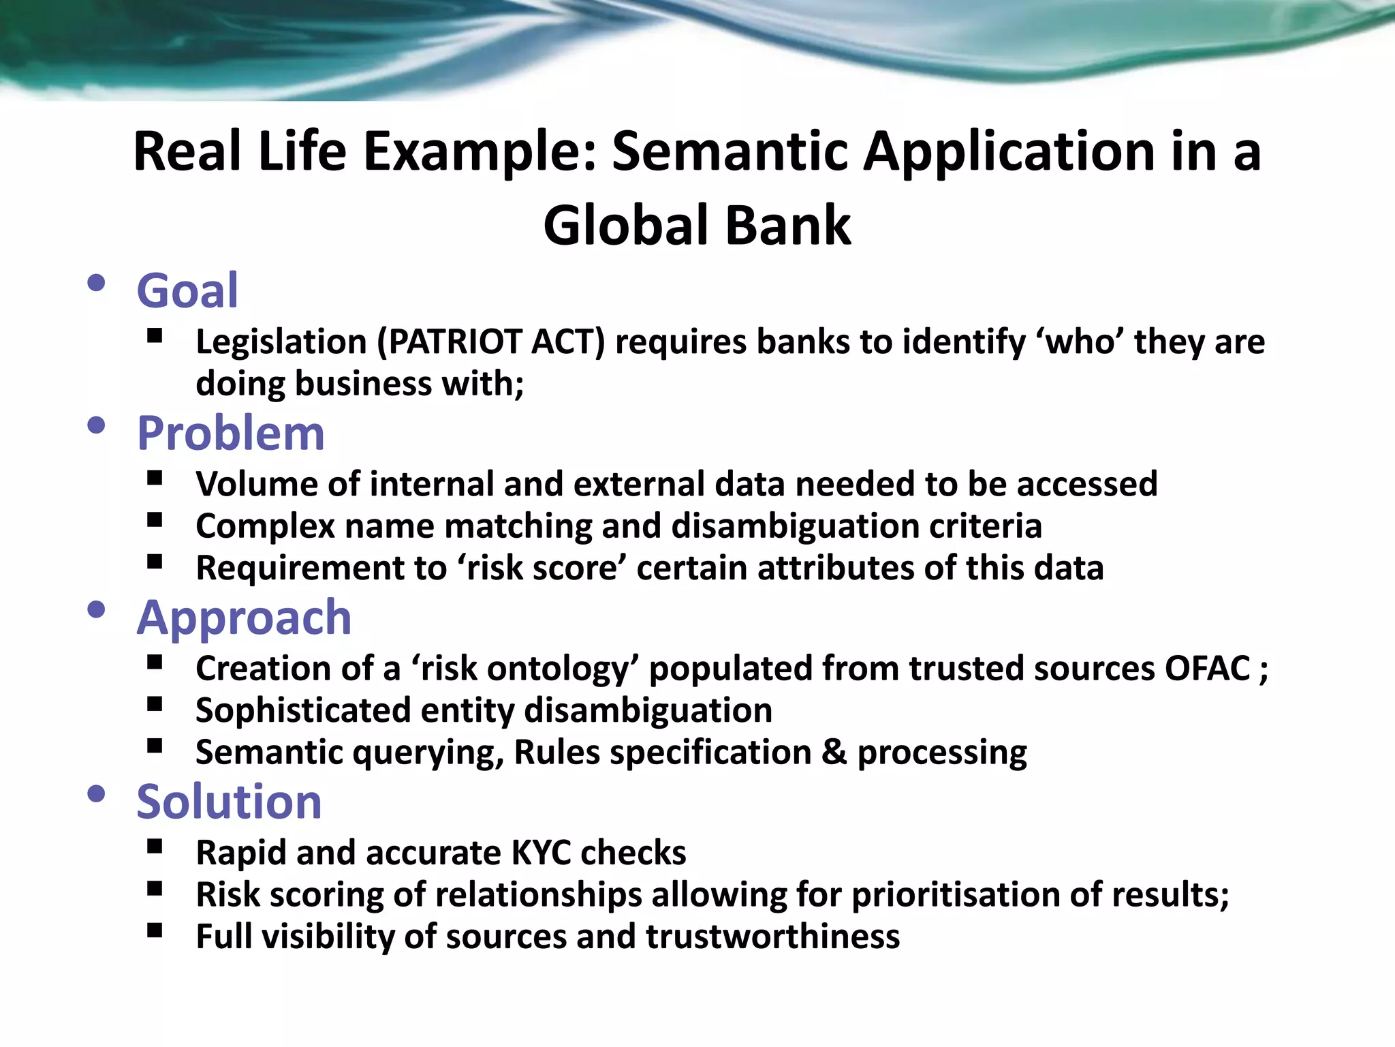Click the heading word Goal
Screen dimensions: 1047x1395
point(187,292)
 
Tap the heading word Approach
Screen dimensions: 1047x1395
point(244,618)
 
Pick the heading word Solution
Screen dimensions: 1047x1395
point(229,802)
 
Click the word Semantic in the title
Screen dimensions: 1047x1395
point(730,151)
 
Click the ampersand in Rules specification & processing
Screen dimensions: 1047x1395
point(834,753)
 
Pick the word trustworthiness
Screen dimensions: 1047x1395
point(772,937)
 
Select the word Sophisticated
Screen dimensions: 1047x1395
point(303,711)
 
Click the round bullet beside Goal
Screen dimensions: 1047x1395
point(96,283)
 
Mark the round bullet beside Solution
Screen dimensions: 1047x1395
point(96,793)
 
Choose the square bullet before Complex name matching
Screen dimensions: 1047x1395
point(155,521)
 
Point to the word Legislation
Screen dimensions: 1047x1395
point(281,342)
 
